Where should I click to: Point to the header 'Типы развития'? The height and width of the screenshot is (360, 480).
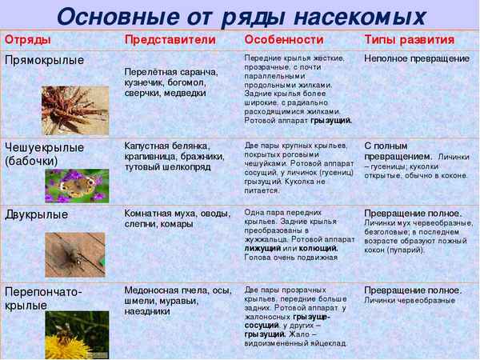[409, 40]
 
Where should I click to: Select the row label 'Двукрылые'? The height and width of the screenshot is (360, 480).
[36, 215]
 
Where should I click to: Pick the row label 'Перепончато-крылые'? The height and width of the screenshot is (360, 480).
[43, 298]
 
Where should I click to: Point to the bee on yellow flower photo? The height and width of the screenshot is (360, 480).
[77, 335]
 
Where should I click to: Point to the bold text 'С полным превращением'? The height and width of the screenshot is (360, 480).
[400, 152]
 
